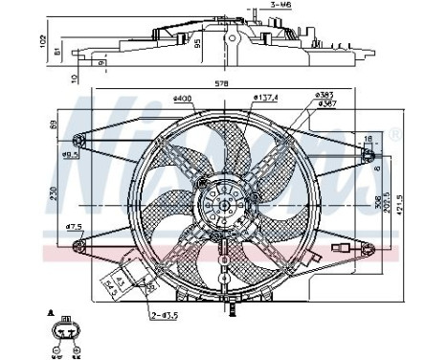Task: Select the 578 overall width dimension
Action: coord(221,84)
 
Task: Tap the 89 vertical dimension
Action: coord(52,124)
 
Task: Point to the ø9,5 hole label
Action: coord(69,154)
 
